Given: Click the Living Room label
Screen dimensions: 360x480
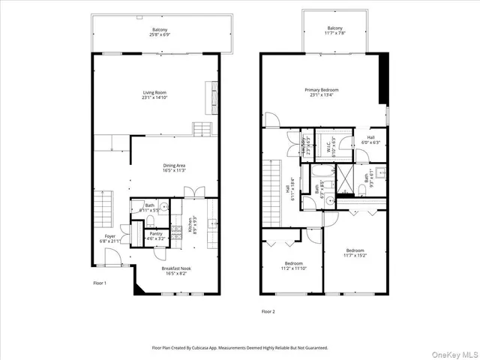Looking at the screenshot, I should [x=154, y=95].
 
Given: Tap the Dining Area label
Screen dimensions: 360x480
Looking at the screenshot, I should [x=174, y=167].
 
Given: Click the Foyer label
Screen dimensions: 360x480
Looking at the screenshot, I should [x=110, y=238].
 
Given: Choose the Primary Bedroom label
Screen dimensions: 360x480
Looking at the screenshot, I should [x=324, y=92].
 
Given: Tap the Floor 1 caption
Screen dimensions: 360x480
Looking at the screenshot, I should [x=100, y=283].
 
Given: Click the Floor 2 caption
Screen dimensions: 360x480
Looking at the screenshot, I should [x=268, y=310].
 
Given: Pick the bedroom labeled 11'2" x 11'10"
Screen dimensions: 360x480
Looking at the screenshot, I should [x=293, y=267].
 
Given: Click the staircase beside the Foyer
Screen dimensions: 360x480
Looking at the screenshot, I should [x=103, y=208].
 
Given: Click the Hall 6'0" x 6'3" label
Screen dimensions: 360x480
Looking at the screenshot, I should [x=370, y=139].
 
